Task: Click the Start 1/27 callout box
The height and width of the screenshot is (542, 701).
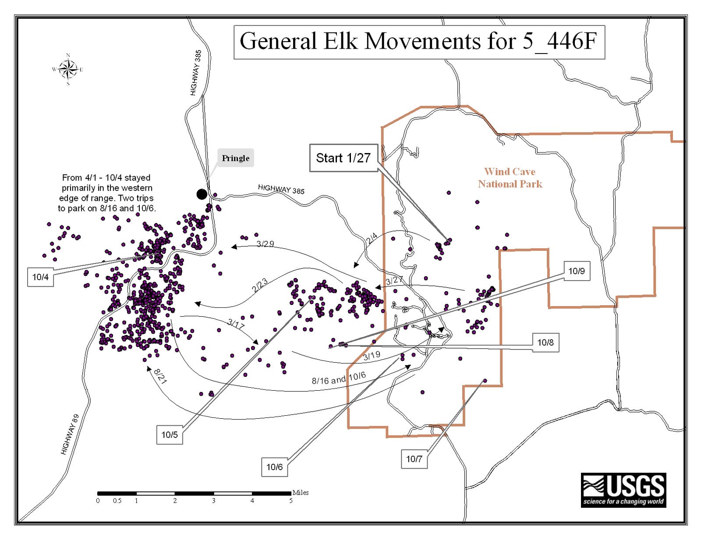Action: coord(343,158)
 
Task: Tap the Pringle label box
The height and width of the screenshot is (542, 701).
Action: coord(236,158)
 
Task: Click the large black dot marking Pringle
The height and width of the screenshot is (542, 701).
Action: coord(202,194)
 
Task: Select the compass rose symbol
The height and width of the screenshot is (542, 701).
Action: coord(67,69)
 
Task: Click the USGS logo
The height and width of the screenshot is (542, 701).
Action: coord(623,490)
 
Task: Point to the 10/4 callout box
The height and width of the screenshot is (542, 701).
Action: coord(40,277)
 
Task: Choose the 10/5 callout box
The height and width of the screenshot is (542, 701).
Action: coord(170,435)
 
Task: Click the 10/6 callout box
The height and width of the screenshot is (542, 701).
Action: coord(275,467)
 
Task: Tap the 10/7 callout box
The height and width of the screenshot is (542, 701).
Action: coord(414,459)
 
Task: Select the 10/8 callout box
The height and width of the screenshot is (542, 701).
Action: coord(545,342)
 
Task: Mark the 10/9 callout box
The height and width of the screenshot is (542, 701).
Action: coord(577,271)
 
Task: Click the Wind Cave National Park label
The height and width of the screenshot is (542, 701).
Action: coord(510,178)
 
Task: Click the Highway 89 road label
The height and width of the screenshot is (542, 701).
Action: coord(70,434)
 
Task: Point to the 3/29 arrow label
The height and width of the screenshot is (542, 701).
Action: coord(265,244)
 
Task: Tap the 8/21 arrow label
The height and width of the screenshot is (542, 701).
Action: coord(160,376)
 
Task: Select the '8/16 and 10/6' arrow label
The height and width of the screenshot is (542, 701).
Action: coord(338,378)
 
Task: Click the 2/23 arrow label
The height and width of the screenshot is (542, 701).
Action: coord(260,285)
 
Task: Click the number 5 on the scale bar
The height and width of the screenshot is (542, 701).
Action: coord(291,501)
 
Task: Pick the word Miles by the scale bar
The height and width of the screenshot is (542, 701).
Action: coord(301,492)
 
